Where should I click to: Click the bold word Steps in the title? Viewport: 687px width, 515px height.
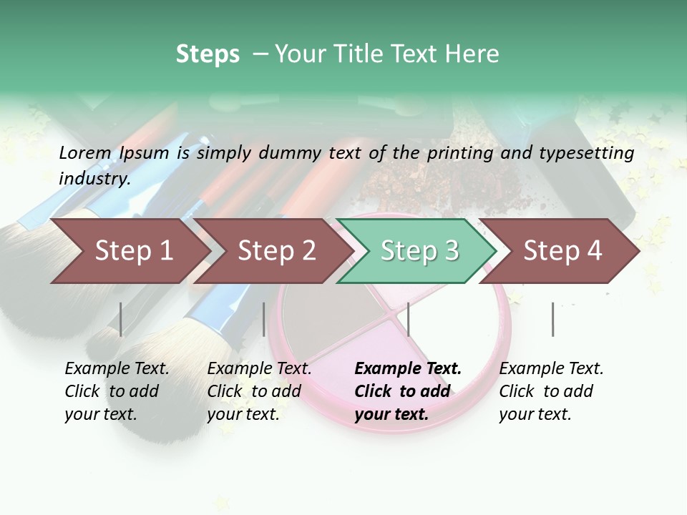[208, 54]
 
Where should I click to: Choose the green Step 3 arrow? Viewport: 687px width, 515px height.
[419, 251]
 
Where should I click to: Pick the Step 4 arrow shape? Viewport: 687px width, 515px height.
[562, 251]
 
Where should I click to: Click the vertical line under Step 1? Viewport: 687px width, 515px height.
[121, 319]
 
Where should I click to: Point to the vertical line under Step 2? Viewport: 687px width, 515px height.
[264, 319]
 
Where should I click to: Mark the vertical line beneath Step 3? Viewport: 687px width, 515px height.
[408, 319]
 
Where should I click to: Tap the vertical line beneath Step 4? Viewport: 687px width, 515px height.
[552, 319]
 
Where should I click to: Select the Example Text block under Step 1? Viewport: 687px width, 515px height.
[117, 391]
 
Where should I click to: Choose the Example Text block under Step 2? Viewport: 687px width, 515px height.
[259, 391]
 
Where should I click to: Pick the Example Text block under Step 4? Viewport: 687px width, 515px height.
[551, 391]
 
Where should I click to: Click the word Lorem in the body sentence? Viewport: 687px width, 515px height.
[85, 152]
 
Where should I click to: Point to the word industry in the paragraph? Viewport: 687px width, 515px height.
[94, 179]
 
